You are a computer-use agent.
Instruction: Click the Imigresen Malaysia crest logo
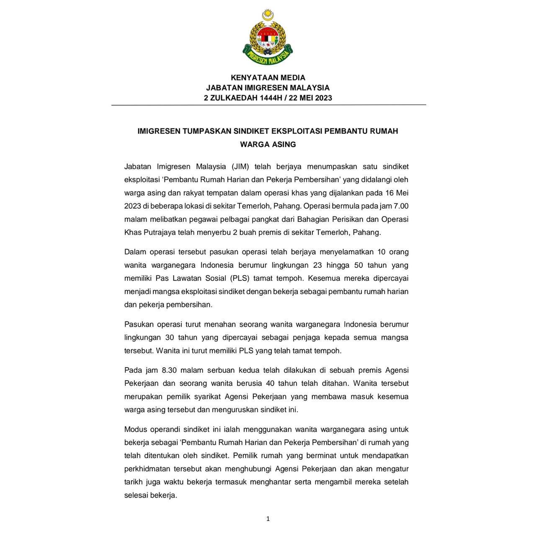(x=268, y=38)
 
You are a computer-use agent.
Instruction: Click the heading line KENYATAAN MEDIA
(x=268, y=77)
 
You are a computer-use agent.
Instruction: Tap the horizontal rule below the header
(x=268, y=105)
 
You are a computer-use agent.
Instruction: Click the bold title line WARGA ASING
(x=268, y=144)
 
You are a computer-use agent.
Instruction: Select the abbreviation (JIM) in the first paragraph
(x=240, y=167)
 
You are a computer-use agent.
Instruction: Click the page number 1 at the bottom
(x=268, y=519)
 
